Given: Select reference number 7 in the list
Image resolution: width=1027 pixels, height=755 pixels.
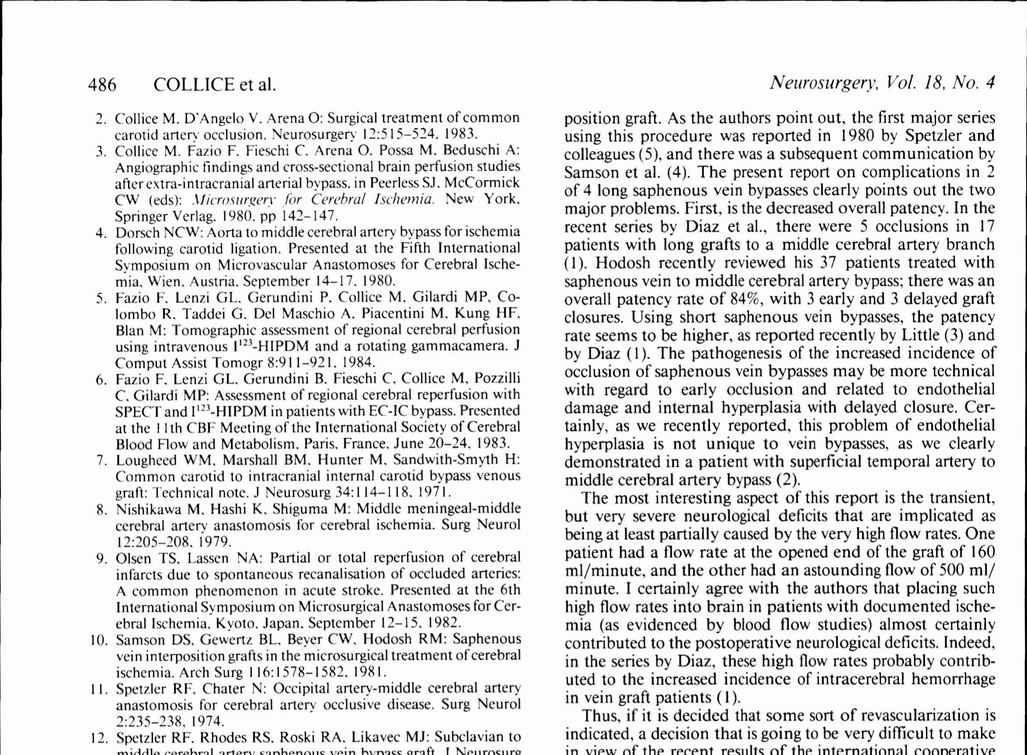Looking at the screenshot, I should click(101, 460).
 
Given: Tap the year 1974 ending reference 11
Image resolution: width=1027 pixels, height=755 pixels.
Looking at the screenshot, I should click(208, 722).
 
